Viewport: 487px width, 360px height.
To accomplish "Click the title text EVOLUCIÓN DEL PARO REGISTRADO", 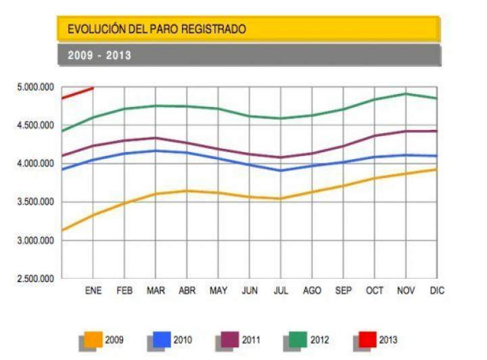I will coord(156,29).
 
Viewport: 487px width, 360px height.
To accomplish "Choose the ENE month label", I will coord(93,290).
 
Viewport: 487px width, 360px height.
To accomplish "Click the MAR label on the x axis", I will coord(155,290).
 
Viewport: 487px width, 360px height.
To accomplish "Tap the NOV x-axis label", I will coord(405,290).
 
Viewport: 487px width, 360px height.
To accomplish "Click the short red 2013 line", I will coord(77,93).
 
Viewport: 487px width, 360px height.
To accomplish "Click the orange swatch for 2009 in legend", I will coord(93,340).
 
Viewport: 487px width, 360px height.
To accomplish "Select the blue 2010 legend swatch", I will coord(162,340).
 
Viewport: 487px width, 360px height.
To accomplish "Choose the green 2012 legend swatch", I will coord(298,340).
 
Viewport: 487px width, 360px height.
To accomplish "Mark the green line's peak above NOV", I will coord(405,93).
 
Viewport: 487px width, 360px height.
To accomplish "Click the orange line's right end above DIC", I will coord(436,169).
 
